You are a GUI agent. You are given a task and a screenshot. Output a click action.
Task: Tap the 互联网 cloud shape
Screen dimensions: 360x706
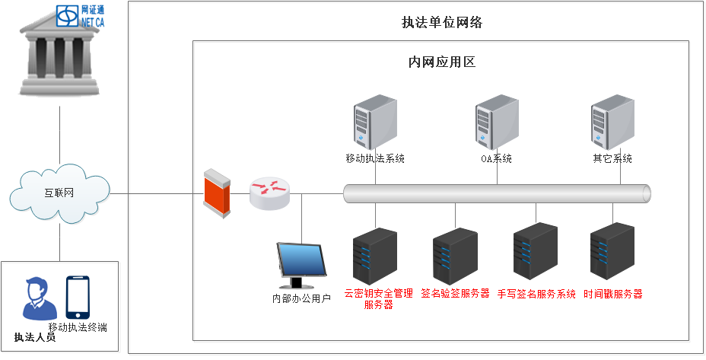[59, 194]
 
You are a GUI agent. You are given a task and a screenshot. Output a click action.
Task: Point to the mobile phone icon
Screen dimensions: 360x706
[78, 297]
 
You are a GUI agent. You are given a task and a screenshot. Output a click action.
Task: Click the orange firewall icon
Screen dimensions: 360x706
[216, 195]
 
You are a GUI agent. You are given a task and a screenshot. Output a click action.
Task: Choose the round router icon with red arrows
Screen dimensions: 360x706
[269, 193]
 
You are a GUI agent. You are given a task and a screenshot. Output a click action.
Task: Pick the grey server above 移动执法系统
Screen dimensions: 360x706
[374, 123]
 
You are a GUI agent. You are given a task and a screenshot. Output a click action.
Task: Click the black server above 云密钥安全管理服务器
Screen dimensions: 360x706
[375, 256]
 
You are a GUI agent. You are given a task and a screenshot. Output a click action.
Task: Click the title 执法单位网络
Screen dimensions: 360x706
[442, 23]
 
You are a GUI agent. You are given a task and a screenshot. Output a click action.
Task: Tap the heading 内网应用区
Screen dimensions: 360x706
[442, 62]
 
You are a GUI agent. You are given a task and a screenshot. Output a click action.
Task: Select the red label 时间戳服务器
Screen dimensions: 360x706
[613, 294]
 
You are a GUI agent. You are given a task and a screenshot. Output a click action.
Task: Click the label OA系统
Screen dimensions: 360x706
[496, 159]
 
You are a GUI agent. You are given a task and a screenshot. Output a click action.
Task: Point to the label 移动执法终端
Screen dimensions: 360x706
[78, 328]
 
